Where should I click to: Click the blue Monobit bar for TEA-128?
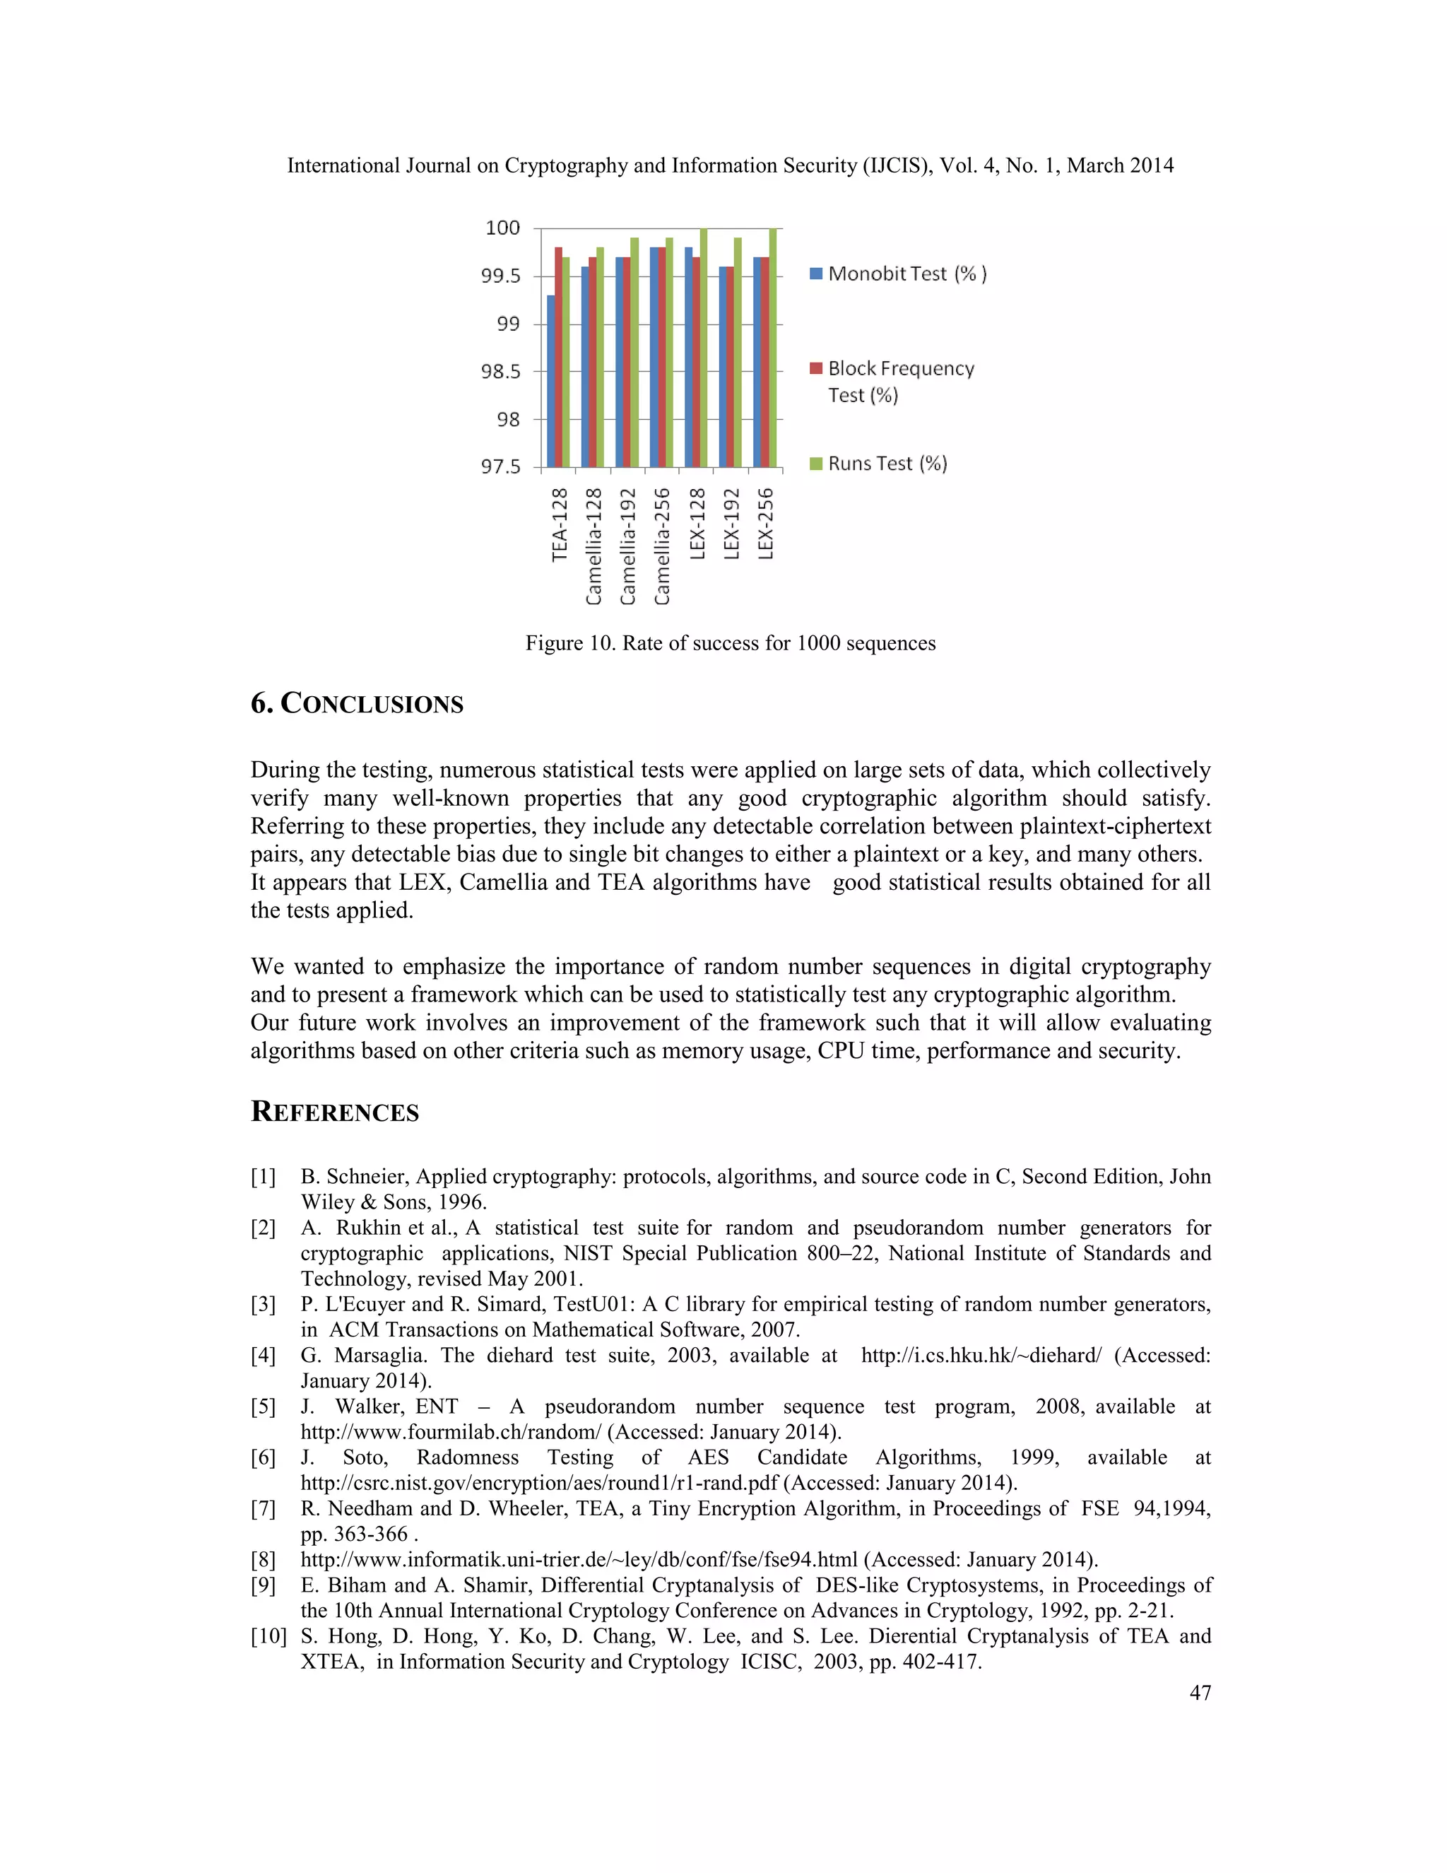[x=551, y=382]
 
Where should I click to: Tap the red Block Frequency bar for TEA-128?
[x=559, y=358]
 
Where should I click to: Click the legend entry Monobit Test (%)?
[x=899, y=274]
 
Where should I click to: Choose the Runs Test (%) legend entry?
[x=879, y=464]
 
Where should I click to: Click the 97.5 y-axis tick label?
[x=501, y=467]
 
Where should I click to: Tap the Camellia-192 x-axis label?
[x=628, y=546]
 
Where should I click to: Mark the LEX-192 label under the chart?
[x=731, y=523]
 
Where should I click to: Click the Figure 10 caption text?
[x=731, y=643]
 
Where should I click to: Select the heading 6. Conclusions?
[x=357, y=704]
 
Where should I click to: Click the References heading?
[x=334, y=1112]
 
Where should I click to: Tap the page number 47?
[x=1200, y=1692]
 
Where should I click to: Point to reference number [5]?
[x=263, y=1407]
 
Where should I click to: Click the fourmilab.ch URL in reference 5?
[x=451, y=1431]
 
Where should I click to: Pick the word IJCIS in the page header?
[x=899, y=165]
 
